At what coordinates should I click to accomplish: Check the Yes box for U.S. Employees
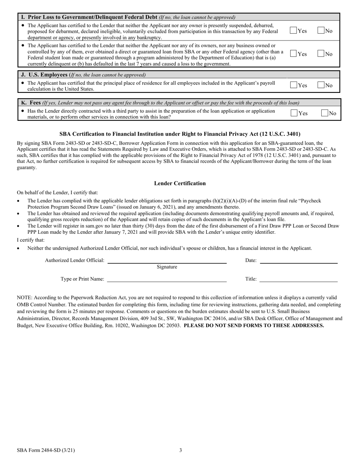pos(294,85)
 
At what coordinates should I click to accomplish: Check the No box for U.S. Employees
pos(321,85)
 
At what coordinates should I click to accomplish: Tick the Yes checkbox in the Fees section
pos(294,113)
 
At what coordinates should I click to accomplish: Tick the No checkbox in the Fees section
pos(324,113)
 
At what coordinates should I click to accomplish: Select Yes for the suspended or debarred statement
pos(293,31)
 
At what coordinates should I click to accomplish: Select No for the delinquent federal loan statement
pos(321,54)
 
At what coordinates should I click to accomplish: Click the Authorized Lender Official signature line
pos(167,261)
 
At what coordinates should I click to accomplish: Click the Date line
pos(299,261)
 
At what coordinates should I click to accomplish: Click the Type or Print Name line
pos(167,280)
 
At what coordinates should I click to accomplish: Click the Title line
pos(299,280)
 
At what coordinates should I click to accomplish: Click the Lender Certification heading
pos(180,183)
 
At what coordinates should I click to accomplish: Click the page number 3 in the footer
pos(180,450)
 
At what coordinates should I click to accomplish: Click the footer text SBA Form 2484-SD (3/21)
pos(46,450)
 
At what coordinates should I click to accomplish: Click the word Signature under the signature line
pos(167,267)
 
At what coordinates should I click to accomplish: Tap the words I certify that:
pos(30,240)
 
